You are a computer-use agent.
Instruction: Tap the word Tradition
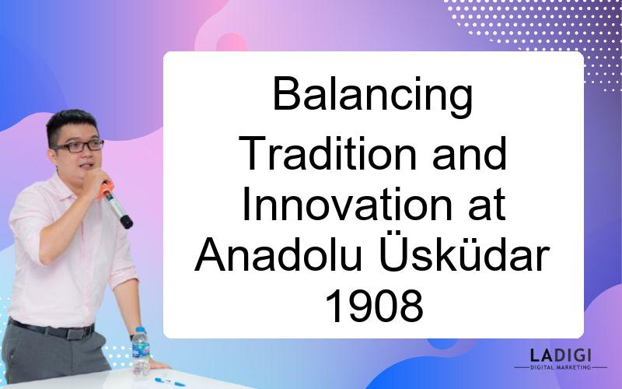(327, 153)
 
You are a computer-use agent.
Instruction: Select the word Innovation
(347, 205)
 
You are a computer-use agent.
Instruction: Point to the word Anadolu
(278, 254)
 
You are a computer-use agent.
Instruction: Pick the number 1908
(374, 305)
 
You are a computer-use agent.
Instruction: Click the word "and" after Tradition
(470, 153)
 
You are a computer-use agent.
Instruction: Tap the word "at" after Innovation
(487, 205)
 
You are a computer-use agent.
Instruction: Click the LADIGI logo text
(560, 355)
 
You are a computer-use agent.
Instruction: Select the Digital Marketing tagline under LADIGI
(561, 367)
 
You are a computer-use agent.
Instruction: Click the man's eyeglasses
(79, 146)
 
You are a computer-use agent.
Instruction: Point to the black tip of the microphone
(127, 222)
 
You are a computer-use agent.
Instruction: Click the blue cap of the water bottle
(140, 330)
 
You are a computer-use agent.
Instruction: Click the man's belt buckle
(75, 333)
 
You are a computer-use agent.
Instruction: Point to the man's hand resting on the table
(157, 364)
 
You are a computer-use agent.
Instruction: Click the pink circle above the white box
(231, 43)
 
